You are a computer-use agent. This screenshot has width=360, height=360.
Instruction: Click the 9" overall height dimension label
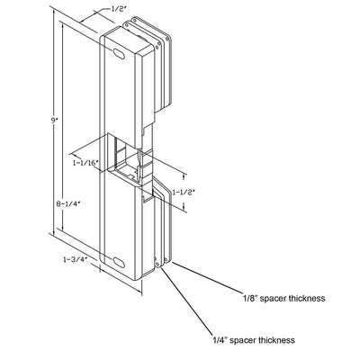coord(54,121)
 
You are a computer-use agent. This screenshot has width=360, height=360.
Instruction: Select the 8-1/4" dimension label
coord(68,203)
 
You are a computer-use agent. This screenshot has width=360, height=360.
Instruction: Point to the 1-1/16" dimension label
coord(85,163)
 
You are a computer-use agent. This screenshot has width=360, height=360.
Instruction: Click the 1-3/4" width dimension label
coord(75,259)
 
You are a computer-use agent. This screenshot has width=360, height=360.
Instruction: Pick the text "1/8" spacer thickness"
coord(283,298)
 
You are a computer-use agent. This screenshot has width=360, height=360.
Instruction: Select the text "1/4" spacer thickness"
coord(254,340)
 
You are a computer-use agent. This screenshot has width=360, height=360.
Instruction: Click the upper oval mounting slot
coord(119,53)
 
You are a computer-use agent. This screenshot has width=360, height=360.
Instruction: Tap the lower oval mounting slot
coord(119,262)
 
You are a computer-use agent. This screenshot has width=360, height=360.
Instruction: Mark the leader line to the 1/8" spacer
coord(207,277)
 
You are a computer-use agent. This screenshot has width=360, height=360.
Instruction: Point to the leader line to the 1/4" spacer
coord(185,301)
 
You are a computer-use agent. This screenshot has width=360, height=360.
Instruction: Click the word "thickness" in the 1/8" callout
coord(307,298)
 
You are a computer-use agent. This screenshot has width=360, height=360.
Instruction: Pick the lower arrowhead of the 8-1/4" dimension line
coord(63,228)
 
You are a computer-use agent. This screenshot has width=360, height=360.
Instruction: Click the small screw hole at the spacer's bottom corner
coord(157,264)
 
